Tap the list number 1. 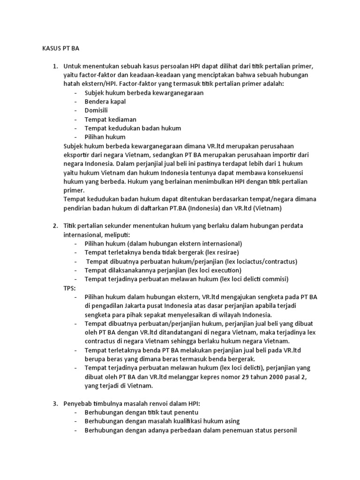click(x=54, y=66)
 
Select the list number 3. click(x=54, y=404)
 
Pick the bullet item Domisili click(x=96, y=110)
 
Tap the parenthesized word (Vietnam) click(x=265, y=208)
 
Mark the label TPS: click(x=69, y=288)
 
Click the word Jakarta click(x=136, y=306)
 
